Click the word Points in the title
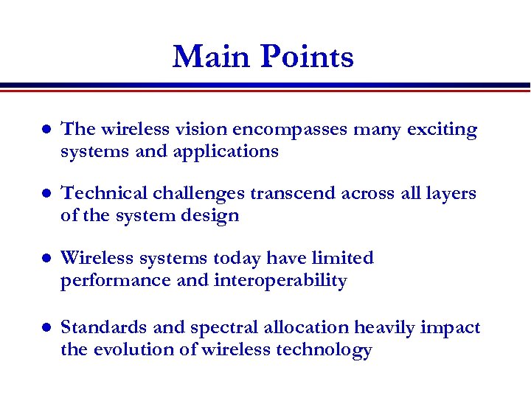[306, 57]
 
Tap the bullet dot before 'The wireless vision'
[44, 130]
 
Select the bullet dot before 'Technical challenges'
[44, 195]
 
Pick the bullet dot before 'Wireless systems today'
[44, 259]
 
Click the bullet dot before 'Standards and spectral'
[44, 328]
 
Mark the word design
[212, 216]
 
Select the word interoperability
[280, 281]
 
